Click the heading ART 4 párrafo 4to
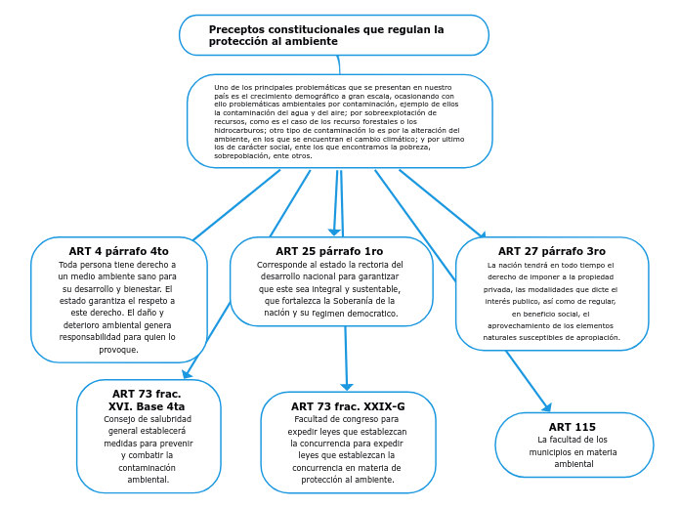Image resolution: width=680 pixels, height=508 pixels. tap(118, 251)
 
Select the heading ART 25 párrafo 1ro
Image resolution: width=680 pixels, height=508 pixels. tap(329, 251)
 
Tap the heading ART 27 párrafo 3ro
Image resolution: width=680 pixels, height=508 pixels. tap(552, 251)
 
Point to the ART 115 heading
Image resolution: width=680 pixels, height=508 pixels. tap(573, 427)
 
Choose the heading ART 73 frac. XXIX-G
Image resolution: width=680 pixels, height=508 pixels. tap(348, 406)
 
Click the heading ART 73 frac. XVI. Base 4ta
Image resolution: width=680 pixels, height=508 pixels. tap(147, 400)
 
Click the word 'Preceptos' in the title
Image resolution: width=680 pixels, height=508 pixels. tap(235, 30)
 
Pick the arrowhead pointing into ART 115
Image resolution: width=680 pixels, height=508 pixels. tap(547, 407)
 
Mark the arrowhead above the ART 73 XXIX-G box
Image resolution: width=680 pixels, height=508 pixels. tap(347, 387)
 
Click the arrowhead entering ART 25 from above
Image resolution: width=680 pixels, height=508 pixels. tap(334, 233)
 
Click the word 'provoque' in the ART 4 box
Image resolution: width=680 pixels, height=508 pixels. tap(118, 349)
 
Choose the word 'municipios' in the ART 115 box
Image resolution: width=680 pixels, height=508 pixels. tap(554, 452)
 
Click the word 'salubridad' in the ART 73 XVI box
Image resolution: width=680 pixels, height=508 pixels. tap(167, 419)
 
